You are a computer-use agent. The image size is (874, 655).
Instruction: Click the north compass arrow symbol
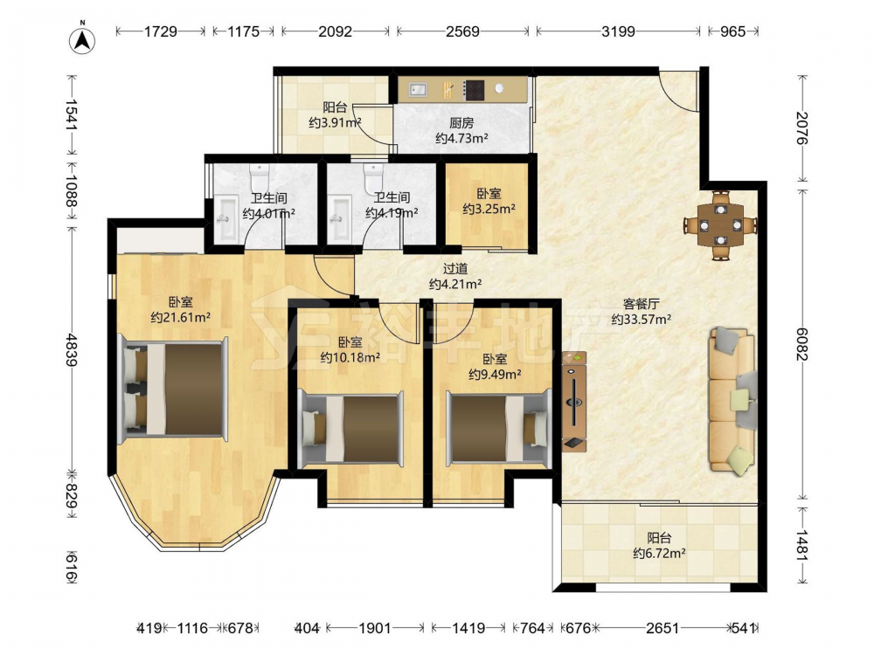pyautogui.click(x=82, y=39)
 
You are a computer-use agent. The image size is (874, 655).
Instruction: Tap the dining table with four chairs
pyautogui.click(x=721, y=225)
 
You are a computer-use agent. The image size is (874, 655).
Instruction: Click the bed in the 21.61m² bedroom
pyautogui.click(x=175, y=389)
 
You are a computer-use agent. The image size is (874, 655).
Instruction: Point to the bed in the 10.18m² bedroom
pyautogui.click(x=350, y=428)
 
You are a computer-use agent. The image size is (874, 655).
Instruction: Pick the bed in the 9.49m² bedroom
pyautogui.click(x=499, y=428)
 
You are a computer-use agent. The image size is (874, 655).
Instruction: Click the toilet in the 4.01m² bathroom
pyautogui.click(x=260, y=176)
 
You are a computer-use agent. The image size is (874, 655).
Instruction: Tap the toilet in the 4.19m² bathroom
pyautogui.click(x=373, y=176)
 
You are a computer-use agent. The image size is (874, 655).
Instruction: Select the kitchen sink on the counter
pyautogui.click(x=418, y=89)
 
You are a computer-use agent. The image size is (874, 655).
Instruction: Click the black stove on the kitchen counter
pyautogui.click(x=475, y=90)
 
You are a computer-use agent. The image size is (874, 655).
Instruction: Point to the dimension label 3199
pyautogui.click(x=618, y=31)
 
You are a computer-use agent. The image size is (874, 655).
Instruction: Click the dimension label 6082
pyautogui.click(x=801, y=343)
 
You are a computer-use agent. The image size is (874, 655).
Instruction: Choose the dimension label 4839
pyautogui.click(x=72, y=350)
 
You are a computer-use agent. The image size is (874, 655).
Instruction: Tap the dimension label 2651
pyautogui.click(x=662, y=628)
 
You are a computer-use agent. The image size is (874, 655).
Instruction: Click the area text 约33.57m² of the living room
pyautogui.click(x=641, y=319)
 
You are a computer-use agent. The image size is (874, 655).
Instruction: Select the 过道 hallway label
pyautogui.click(x=454, y=268)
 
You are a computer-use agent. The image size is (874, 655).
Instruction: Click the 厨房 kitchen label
pyautogui.click(x=461, y=123)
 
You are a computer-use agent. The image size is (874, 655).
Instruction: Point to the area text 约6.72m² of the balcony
pyautogui.click(x=659, y=553)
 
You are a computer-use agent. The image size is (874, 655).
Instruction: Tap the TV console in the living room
pyautogui.click(x=575, y=401)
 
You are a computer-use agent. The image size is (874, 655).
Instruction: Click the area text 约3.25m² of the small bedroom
pyautogui.click(x=489, y=209)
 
